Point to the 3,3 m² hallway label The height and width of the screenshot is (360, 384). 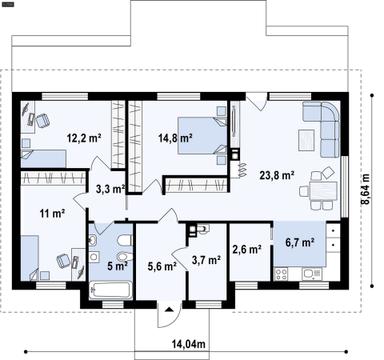point(110,187)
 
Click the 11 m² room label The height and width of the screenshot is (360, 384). point(52,213)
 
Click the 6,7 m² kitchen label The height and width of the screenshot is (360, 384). point(299,240)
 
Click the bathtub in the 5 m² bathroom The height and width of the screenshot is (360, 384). point(107,291)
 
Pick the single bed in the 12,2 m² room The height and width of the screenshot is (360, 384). point(41,156)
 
